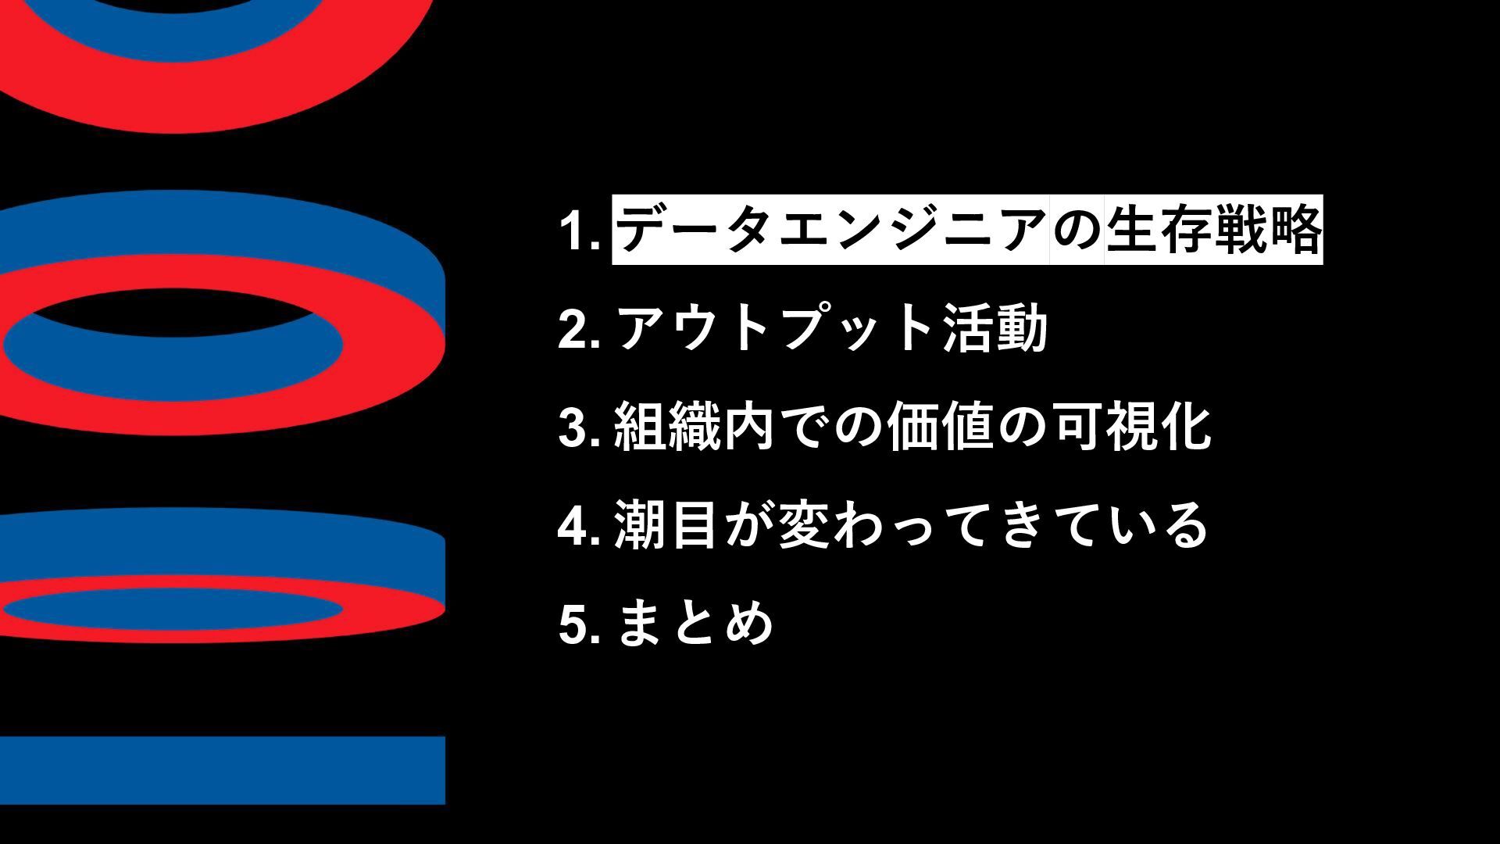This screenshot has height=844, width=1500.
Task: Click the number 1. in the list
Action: pos(579,231)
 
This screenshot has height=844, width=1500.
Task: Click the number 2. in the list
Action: pos(579,330)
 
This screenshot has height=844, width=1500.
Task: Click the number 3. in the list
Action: pos(579,428)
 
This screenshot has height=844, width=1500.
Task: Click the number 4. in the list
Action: pos(579,526)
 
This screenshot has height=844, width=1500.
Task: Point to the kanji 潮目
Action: pos(667,526)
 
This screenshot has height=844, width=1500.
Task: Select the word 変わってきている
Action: pos(992,526)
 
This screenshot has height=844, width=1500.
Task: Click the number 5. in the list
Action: pos(579,624)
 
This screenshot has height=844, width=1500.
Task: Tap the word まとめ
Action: pos(695,624)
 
